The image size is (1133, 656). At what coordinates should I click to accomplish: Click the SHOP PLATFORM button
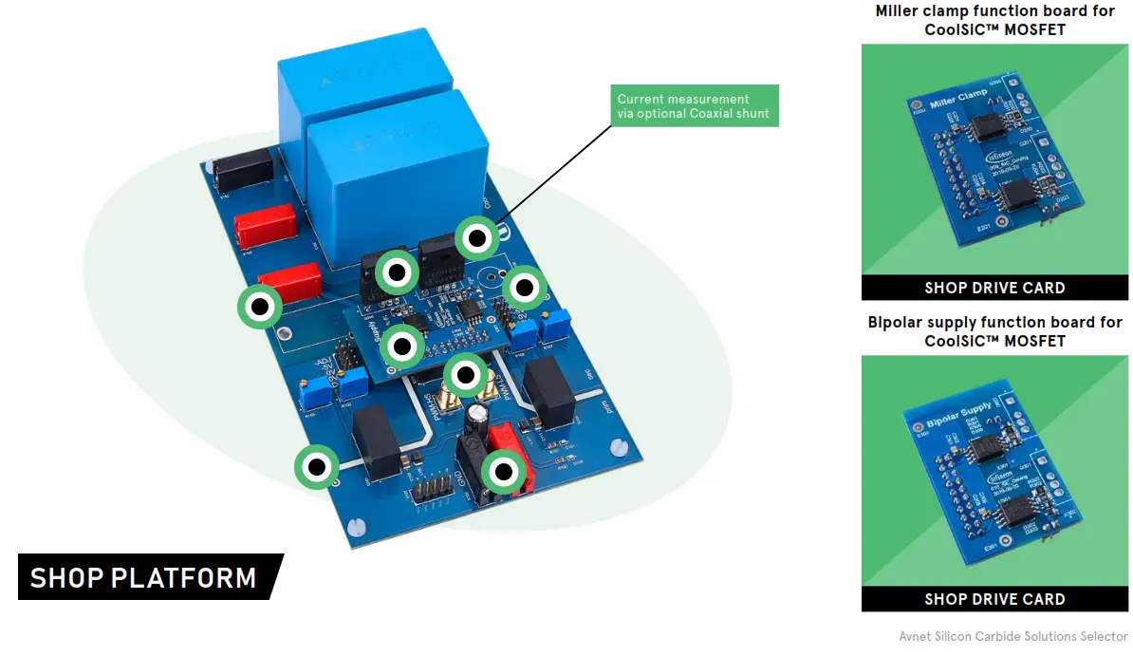pos(144,577)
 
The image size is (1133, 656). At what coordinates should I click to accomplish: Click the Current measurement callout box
pos(695,106)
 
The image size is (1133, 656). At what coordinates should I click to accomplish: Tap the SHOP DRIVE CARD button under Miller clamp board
pos(994,288)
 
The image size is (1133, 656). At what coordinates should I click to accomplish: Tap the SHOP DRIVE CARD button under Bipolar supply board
pos(994,599)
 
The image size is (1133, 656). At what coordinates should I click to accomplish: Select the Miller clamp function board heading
pos(994,20)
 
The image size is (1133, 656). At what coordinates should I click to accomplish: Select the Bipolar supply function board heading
pos(994,331)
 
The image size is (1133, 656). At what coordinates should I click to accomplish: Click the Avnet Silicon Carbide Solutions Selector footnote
pos(1012,636)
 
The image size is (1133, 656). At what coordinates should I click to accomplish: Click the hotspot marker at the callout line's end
pos(477,238)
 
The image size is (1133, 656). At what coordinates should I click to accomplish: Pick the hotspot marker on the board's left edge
pos(259,307)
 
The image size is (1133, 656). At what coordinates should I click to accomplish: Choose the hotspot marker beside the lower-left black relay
pos(316,466)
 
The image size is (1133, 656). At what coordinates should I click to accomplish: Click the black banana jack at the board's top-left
pos(244,171)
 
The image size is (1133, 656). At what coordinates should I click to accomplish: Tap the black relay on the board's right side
pos(550,390)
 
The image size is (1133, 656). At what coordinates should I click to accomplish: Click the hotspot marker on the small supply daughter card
pos(402,347)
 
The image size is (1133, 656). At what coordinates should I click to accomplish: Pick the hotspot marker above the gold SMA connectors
pos(466,375)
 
